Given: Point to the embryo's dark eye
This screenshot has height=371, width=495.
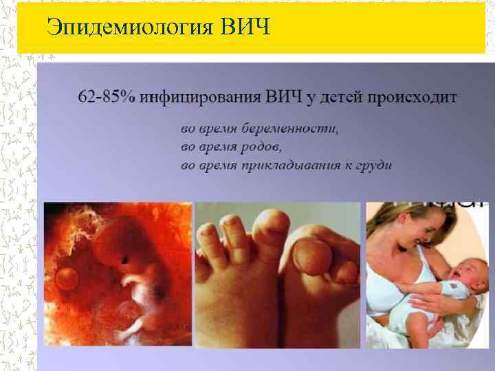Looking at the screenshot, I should pos(125,260).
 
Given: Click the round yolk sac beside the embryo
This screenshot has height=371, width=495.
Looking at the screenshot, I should pos(67,278).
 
